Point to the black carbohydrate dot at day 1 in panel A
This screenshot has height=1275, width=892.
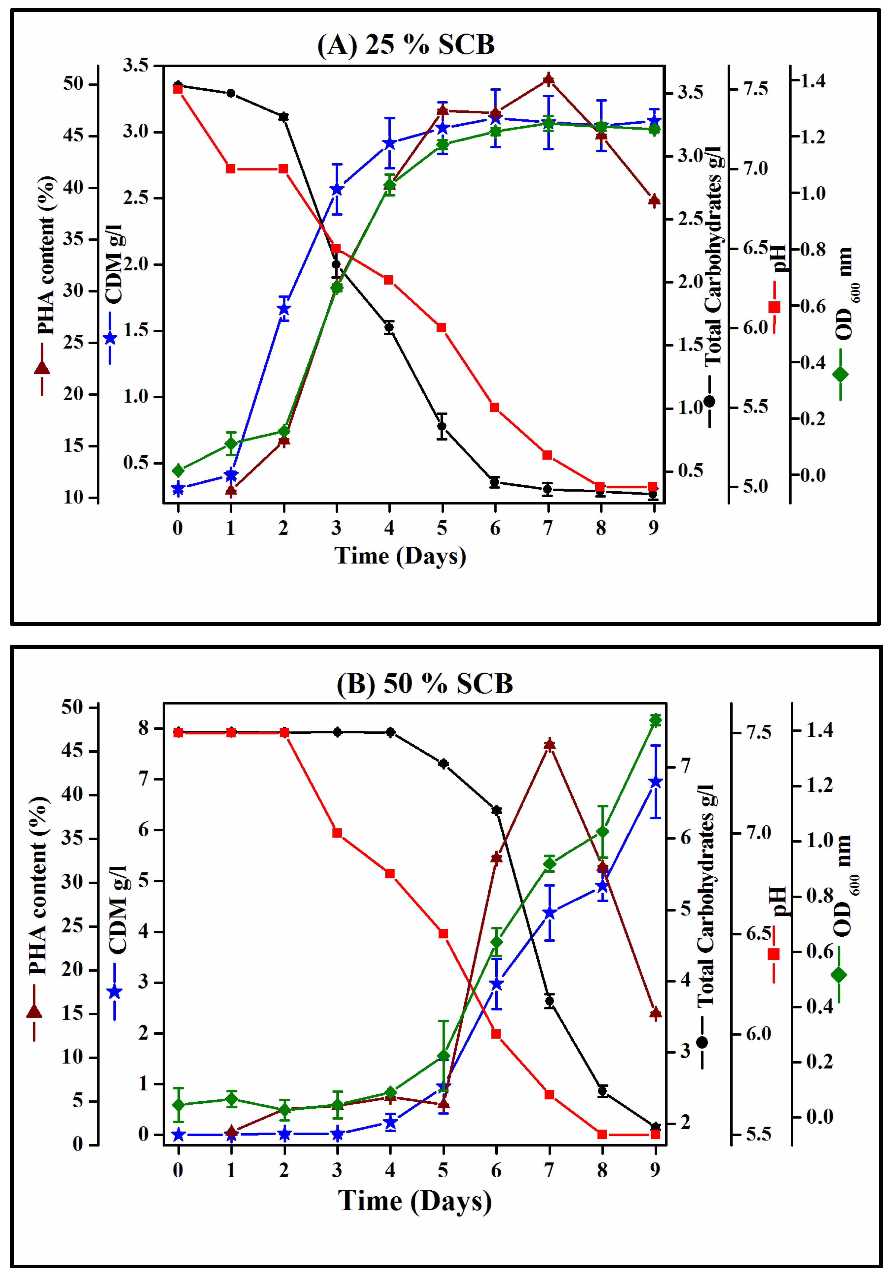(230, 93)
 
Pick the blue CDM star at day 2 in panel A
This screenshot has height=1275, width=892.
(284, 309)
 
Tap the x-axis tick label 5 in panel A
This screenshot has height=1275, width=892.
(442, 528)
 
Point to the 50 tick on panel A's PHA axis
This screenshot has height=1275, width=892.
(73, 84)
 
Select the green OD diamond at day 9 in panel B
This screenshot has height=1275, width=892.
(656, 721)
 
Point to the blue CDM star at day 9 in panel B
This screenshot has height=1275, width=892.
(656, 782)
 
